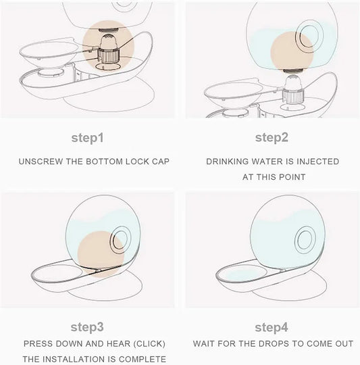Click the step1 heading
(x=87, y=139)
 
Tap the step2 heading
(x=272, y=138)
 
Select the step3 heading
(x=87, y=328)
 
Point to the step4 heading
(x=272, y=328)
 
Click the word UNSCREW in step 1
(x=41, y=162)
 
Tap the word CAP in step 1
(x=161, y=162)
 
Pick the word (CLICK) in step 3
(x=149, y=344)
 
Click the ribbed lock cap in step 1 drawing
(x=108, y=55)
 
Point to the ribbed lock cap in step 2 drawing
(x=293, y=96)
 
